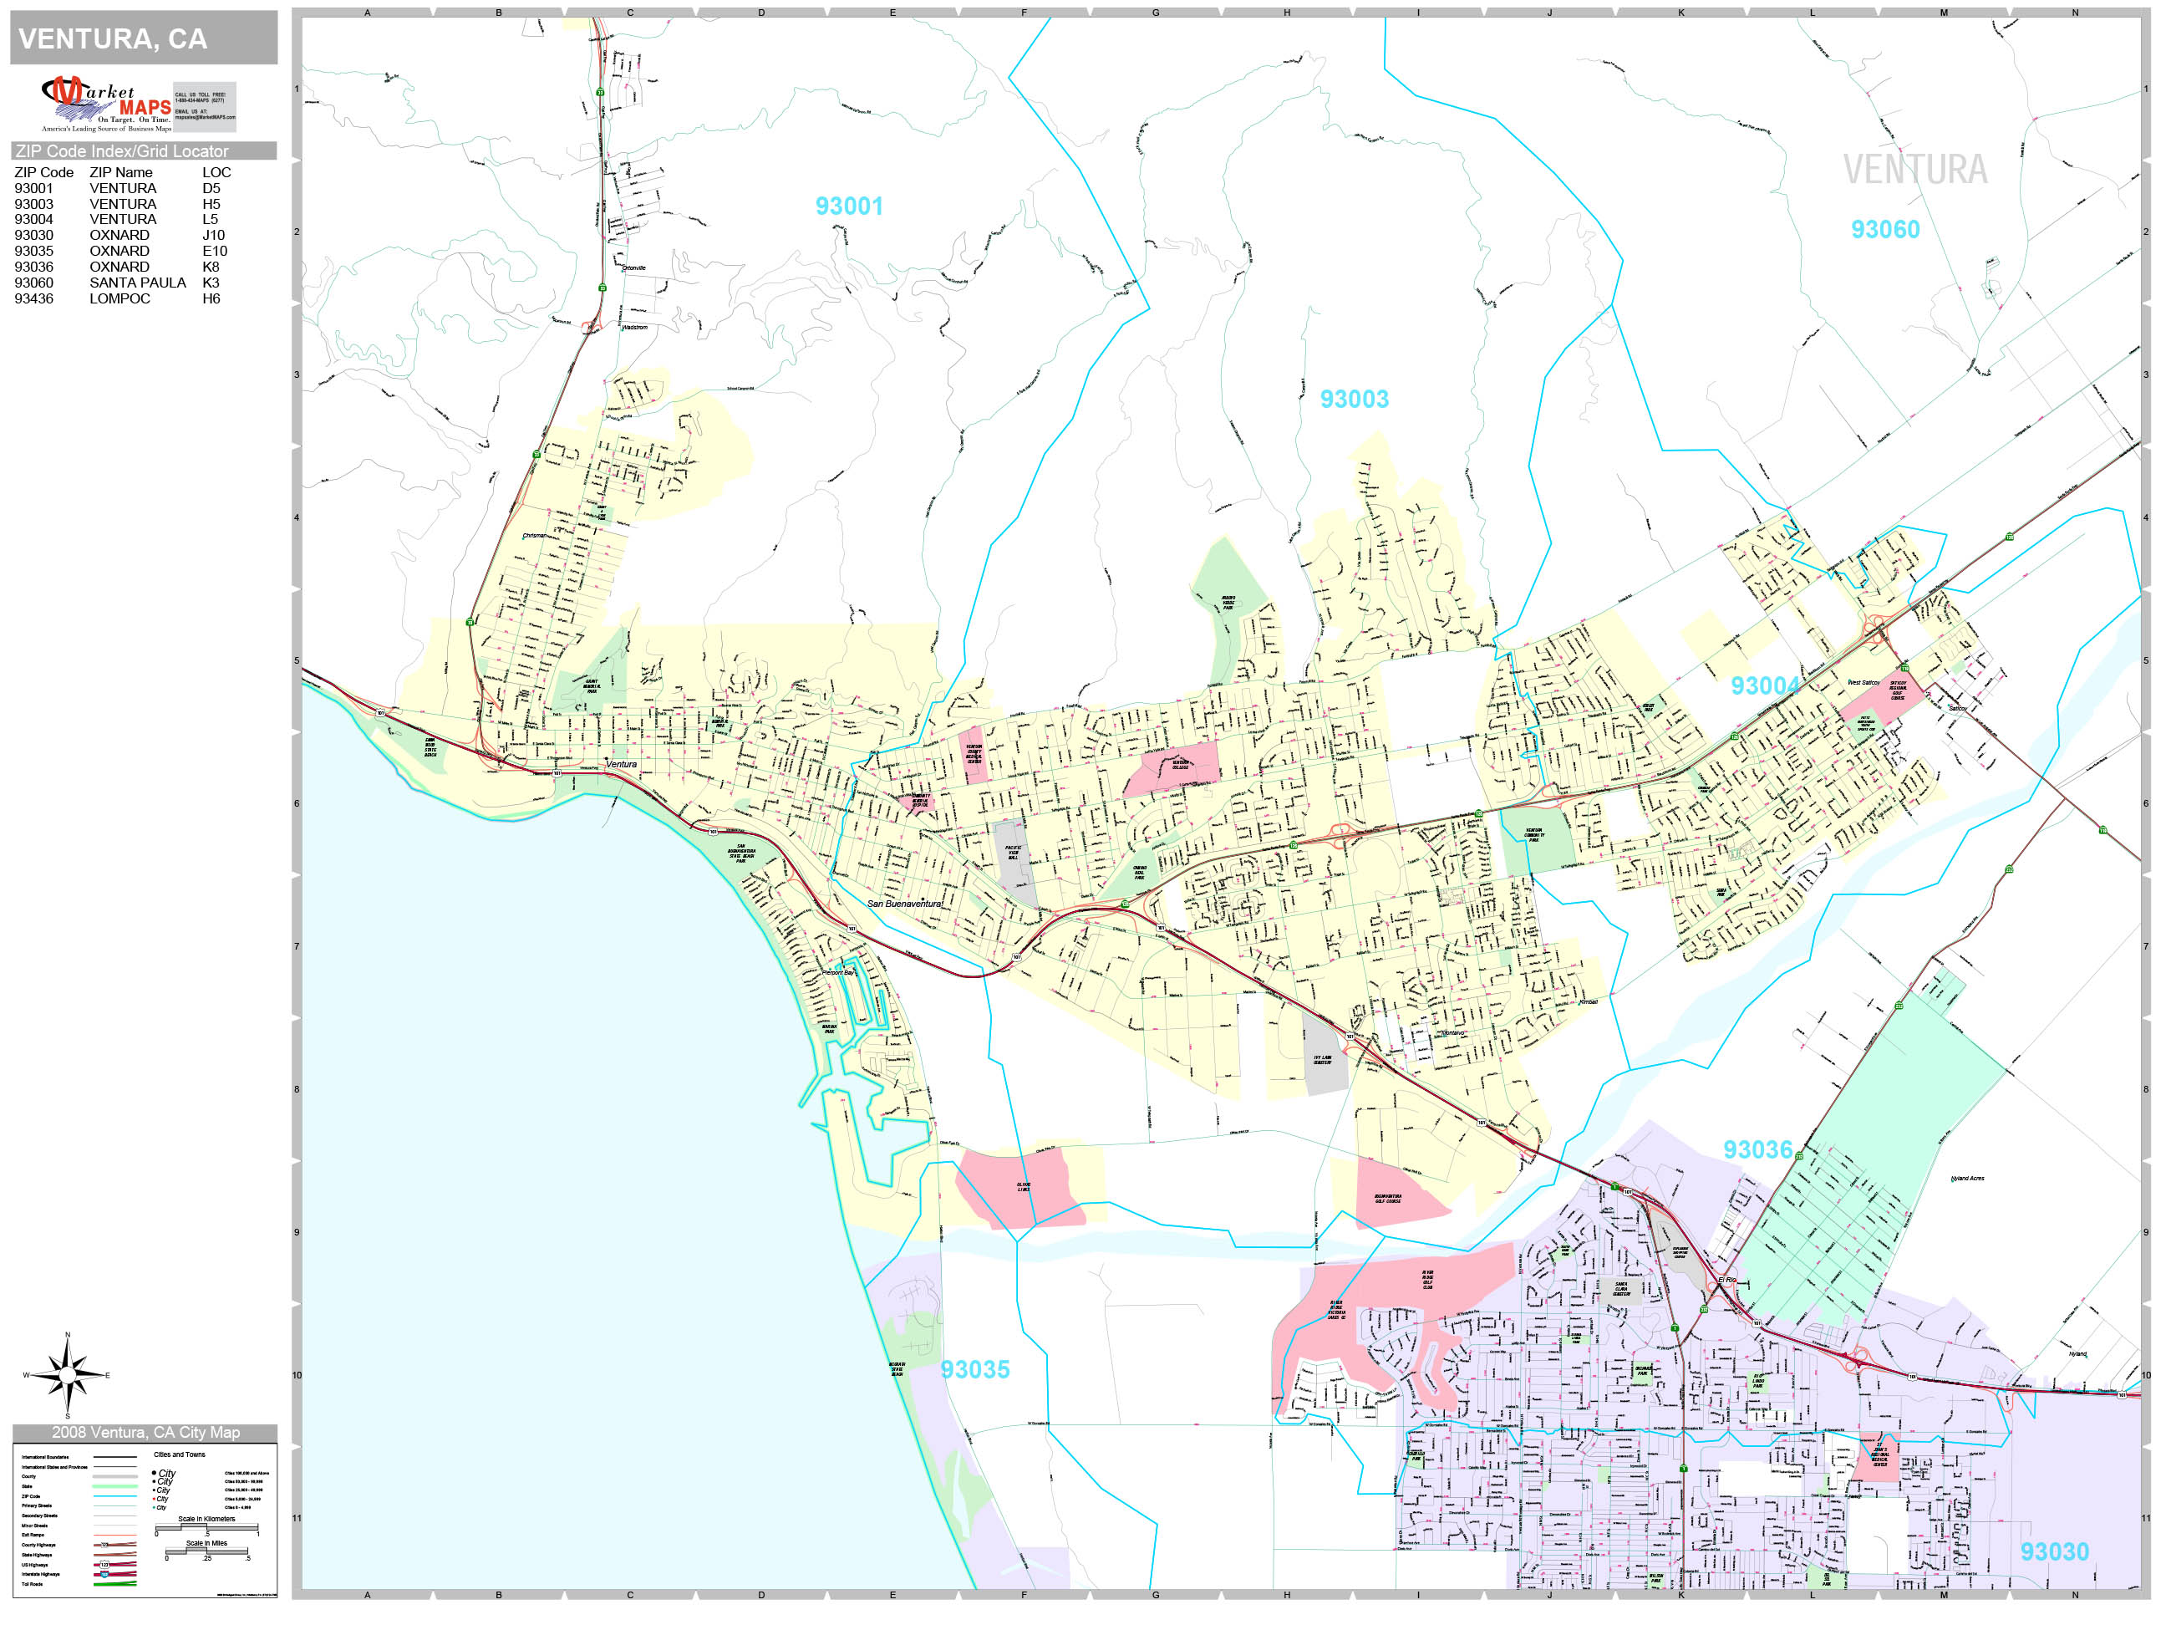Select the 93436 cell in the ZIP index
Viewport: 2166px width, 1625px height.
[x=33, y=298]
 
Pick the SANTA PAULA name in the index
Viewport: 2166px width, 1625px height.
[x=137, y=282]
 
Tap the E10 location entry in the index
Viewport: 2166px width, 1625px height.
[x=215, y=251]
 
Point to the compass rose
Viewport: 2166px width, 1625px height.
[x=67, y=1375]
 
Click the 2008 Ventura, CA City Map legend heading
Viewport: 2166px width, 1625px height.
[x=145, y=1432]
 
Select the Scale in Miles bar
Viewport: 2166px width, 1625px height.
[x=206, y=1551]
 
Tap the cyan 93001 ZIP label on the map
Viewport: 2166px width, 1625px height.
[x=848, y=206]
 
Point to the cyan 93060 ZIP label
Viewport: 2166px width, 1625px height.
[x=1884, y=230]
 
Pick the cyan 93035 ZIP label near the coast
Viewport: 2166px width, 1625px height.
[x=974, y=1369]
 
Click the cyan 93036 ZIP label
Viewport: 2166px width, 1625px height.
[x=1757, y=1150]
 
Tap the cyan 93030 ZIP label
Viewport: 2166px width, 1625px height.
[x=2053, y=1551]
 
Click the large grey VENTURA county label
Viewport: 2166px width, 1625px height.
[x=1914, y=171]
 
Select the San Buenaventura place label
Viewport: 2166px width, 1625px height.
[x=904, y=903]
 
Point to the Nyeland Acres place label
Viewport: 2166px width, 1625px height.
[x=1967, y=1179]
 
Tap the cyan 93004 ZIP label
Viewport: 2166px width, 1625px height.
[x=1765, y=685]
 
